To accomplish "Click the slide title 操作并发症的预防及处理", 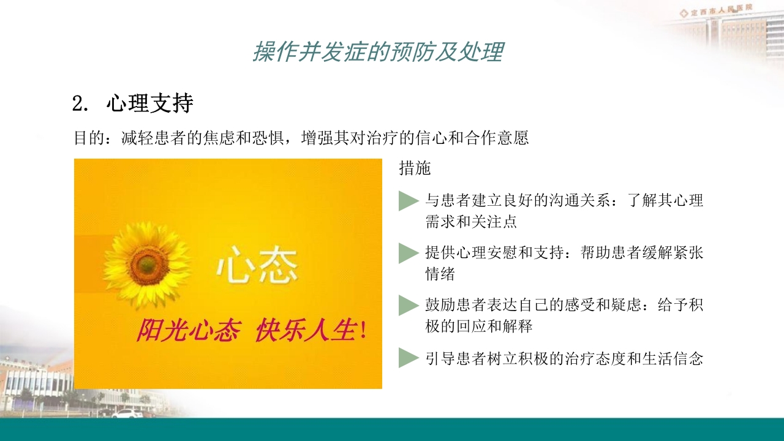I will tap(378, 53).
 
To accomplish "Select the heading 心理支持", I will tap(150, 104).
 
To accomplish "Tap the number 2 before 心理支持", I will tap(77, 104).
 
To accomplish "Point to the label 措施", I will tap(415, 168).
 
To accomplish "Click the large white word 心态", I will tap(257, 265).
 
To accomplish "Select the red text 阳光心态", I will tap(188, 331).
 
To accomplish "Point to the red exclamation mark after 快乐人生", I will tap(364, 331).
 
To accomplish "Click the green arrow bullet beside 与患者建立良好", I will tap(408, 201).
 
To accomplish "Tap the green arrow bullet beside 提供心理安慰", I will tap(408, 253).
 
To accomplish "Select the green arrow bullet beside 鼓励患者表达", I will tap(408, 305).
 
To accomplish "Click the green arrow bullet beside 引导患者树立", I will tap(408, 358).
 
